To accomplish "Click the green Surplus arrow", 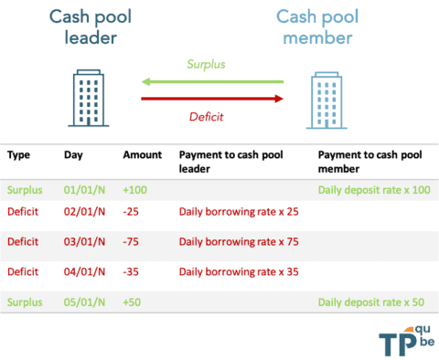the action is [x=212, y=82].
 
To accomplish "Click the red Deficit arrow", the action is [x=212, y=96].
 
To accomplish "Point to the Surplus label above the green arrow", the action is [x=206, y=65].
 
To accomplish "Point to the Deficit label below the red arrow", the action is [x=206, y=116].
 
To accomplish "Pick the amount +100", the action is [x=134, y=190].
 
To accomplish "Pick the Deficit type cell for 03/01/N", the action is [x=24, y=242].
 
